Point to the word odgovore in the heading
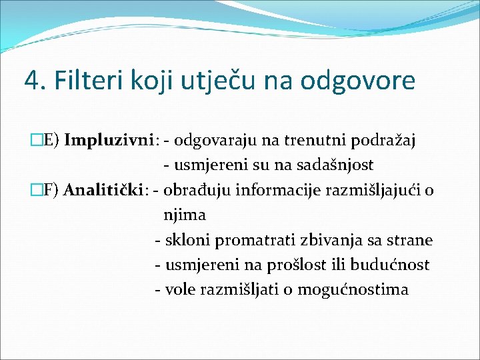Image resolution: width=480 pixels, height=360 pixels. tap(357, 81)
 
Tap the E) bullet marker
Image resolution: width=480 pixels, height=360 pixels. tap(51, 141)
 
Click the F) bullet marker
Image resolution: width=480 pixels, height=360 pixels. tap(51, 191)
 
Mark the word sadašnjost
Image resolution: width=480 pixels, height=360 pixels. tap(337, 165)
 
